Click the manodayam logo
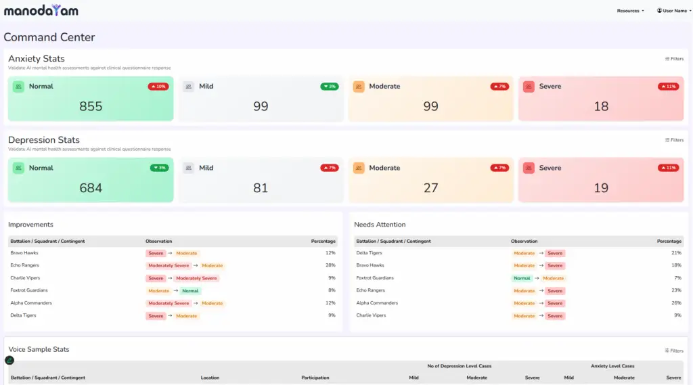pyautogui.click(x=41, y=10)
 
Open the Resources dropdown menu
pyautogui.click(x=630, y=11)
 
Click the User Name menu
pyautogui.click(x=673, y=11)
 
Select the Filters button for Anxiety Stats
pyautogui.click(x=674, y=59)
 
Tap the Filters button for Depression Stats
pyautogui.click(x=674, y=140)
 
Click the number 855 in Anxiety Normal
pyautogui.click(x=91, y=106)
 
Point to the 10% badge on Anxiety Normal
pyautogui.click(x=158, y=87)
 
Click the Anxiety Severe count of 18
pyautogui.click(x=601, y=106)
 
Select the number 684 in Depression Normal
pyautogui.click(x=91, y=188)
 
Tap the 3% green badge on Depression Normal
pyautogui.click(x=159, y=168)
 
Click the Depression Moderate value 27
pyautogui.click(x=431, y=188)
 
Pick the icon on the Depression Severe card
pyautogui.click(x=529, y=168)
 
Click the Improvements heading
pyautogui.click(x=30, y=225)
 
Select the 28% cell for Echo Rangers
pyautogui.click(x=330, y=265)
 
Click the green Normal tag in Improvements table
pyautogui.click(x=190, y=291)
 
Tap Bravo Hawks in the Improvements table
pyautogui.click(x=24, y=253)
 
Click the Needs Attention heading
pyautogui.click(x=380, y=225)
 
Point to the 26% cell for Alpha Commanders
pyautogui.click(x=675, y=303)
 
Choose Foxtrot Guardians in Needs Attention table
pyautogui.click(x=375, y=278)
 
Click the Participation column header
pyautogui.click(x=315, y=378)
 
